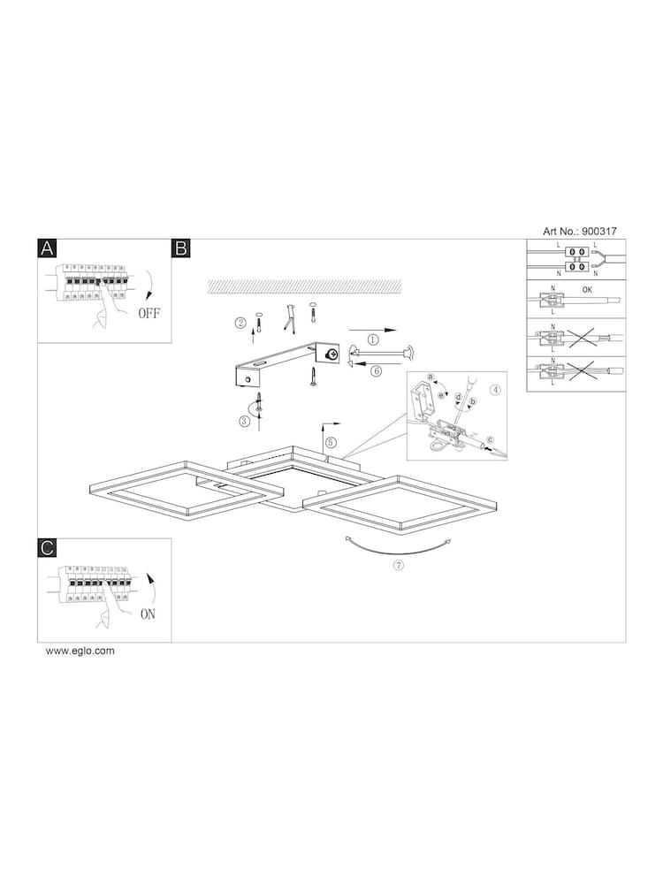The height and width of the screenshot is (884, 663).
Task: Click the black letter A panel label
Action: (47, 248)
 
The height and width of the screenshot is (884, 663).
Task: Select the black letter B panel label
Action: (181, 248)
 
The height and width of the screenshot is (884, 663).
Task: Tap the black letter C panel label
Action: (47, 548)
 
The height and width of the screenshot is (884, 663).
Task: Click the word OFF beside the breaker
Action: (149, 313)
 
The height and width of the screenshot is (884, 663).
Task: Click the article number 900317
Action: (597, 231)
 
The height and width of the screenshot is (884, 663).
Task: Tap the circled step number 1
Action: (373, 339)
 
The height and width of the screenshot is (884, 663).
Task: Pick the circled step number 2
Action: (240, 323)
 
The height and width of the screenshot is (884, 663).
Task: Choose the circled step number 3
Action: (244, 422)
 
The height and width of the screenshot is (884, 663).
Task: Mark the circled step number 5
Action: (331, 442)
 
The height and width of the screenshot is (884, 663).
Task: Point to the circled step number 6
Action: (376, 371)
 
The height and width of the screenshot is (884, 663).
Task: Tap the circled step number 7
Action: (399, 567)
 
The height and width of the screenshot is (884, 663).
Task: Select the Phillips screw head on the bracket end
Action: (331, 354)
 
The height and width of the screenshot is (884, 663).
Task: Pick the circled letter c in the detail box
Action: (491, 439)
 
